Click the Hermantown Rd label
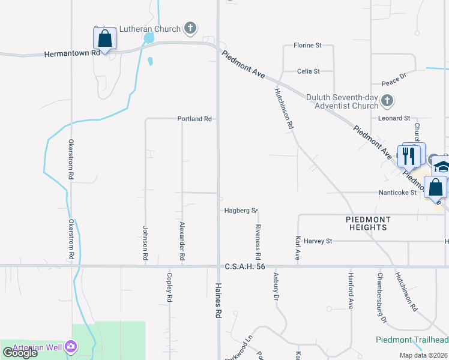72,53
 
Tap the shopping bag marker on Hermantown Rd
104,40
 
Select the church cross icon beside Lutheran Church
190,28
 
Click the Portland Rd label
194,119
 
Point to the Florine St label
307,45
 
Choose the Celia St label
309,71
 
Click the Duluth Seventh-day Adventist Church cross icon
387,101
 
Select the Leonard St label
394,119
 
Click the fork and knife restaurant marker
409,156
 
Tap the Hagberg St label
240,211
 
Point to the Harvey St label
318,241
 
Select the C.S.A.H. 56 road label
244,266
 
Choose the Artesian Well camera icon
71,346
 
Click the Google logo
20,352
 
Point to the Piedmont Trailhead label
412,340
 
